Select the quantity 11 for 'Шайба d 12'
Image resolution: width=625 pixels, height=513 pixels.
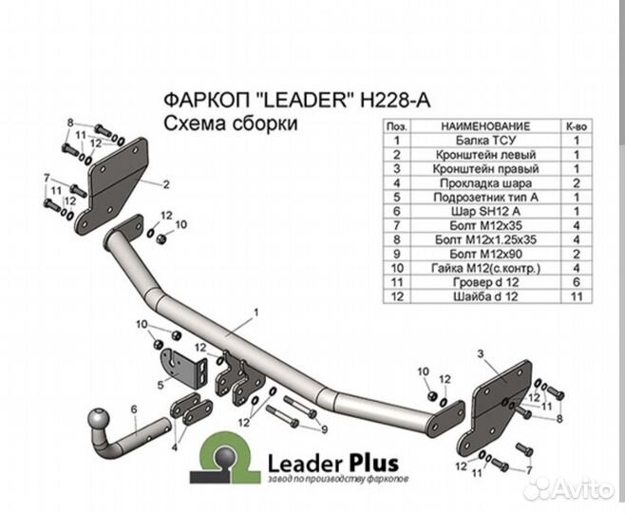pos(576,296)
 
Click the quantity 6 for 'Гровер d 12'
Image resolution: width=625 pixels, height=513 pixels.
pos(576,282)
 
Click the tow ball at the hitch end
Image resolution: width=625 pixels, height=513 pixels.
pos(99,420)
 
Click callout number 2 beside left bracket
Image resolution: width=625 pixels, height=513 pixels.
pos(166,184)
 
